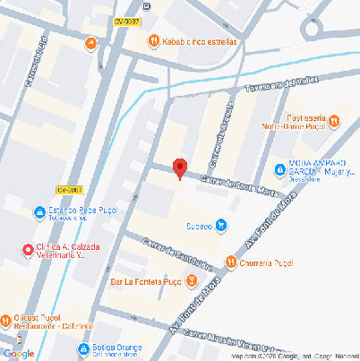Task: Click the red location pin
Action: point(179,168)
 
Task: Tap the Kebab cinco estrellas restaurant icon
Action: point(154,41)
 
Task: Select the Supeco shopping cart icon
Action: point(221,225)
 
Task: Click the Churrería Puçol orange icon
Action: point(231,262)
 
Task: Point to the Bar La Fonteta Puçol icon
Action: point(190,281)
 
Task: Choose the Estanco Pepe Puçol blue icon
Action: point(39,213)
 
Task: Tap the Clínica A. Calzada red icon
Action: point(26,248)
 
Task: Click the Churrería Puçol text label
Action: point(267,263)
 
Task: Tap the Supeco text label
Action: point(199,226)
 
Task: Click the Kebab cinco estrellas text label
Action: point(200,41)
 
